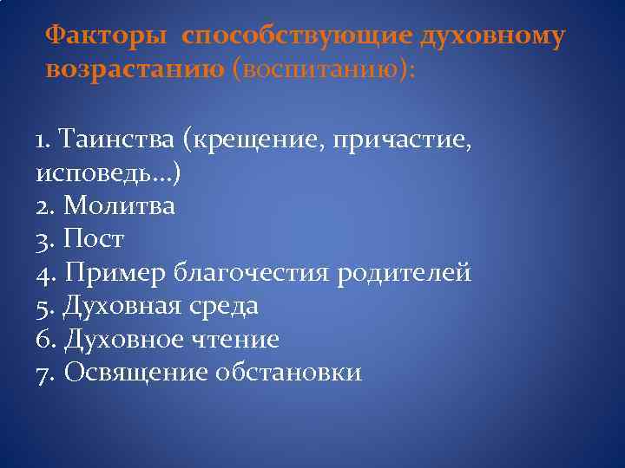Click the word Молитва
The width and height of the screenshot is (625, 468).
tap(119, 206)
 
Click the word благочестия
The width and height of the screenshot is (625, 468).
tap(250, 273)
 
